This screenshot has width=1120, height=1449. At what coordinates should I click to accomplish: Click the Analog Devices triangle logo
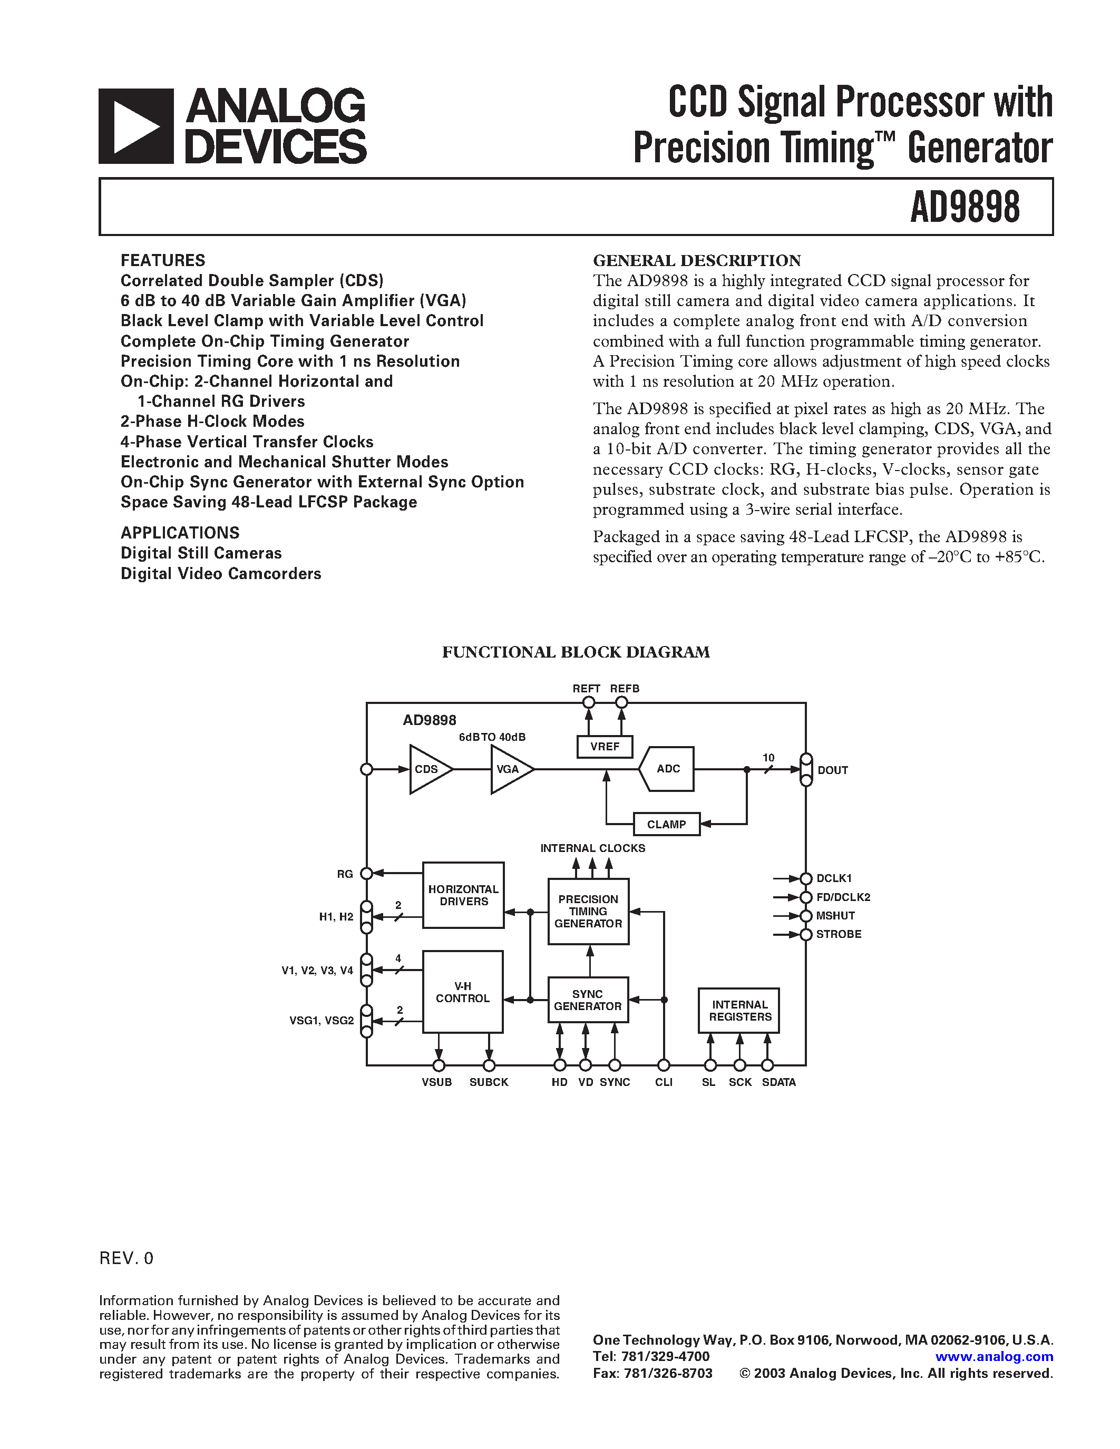pyautogui.click(x=136, y=126)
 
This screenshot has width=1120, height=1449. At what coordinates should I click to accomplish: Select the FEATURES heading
pyautogui.click(x=162, y=260)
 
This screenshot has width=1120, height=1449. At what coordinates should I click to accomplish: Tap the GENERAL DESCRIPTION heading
pyautogui.click(x=697, y=260)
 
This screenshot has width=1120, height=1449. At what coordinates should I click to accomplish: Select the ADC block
pyautogui.click(x=667, y=769)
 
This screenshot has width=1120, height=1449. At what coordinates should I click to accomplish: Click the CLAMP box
pyautogui.click(x=666, y=824)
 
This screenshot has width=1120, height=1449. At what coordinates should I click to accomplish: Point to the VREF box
pyautogui.click(x=605, y=747)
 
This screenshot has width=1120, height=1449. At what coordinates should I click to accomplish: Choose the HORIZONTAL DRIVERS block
pyautogui.click(x=463, y=895)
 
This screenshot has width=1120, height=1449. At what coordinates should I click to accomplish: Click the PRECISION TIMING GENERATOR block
pyautogui.click(x=588, y=911)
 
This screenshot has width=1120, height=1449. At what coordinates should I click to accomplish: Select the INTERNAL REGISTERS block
pyautogui.click(x=738, y=1011)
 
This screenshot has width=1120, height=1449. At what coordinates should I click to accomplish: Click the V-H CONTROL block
pyautogui.click(x=462, y=992)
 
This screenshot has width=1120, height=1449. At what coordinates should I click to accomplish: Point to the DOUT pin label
pyautogui.click(x=832, y=770)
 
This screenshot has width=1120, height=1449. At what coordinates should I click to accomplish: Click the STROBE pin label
pyautogui.click(x=838, y=934)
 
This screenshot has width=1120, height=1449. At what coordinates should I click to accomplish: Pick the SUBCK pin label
pyautogui.click(x=489, y=1082)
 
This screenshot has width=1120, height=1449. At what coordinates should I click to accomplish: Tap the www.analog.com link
pyautogui.click(x=994, y=1357)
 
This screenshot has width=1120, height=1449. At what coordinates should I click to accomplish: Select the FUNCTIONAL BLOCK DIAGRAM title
pyautogui.click(x=576, y=652)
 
